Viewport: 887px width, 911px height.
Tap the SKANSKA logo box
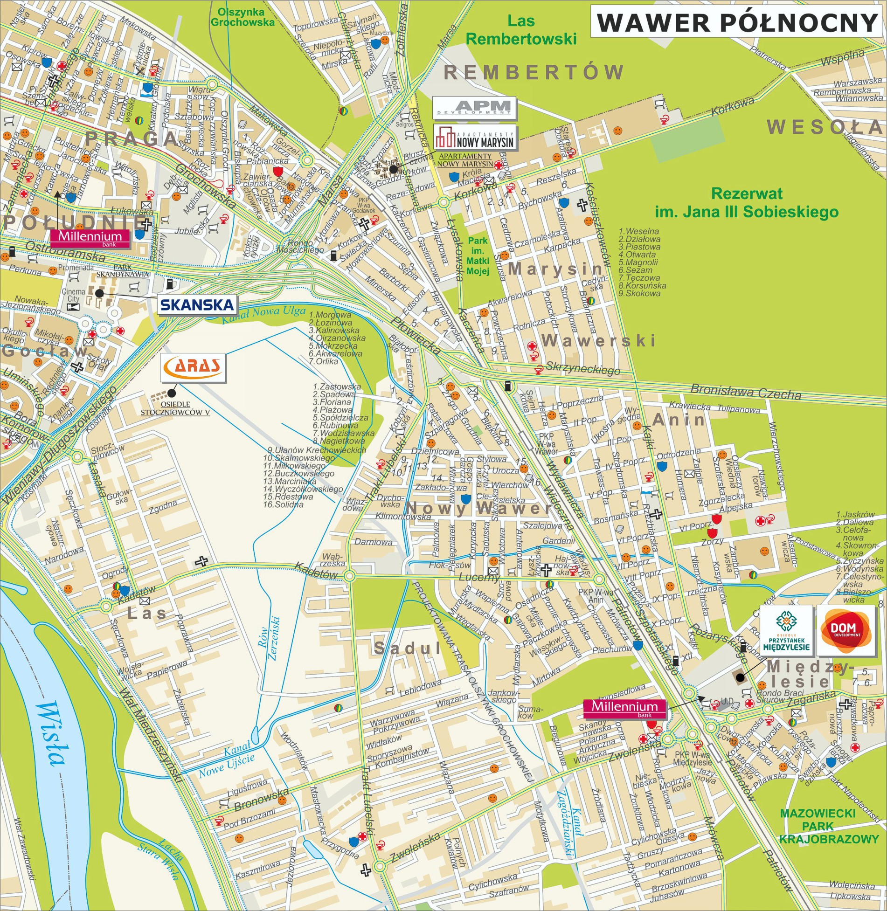[x=196, y=305]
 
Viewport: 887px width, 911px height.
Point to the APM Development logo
[x=474, y=108]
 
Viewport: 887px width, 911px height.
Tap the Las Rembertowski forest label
[x=521, y=30]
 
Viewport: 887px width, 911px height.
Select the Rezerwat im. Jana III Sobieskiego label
[x=747, y=203]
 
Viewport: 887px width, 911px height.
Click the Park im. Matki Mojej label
[x=478, y=256]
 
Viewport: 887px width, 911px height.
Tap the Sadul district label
[x=407, y=648]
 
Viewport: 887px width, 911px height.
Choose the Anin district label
[x=679, y=420]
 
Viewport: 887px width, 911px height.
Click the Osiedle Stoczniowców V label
[x=175, y=408]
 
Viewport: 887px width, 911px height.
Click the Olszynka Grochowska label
[x=242, y=17]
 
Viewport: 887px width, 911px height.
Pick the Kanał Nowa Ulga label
[x=263, y=315]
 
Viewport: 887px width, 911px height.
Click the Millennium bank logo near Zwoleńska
[x=624, y=708]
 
